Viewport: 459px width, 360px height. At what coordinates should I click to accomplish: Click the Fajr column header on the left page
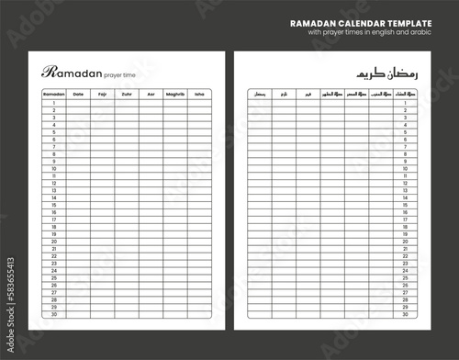pos(102,94)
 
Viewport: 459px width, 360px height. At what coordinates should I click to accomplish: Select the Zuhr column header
pos(127,94)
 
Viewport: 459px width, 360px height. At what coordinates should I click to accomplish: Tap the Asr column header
pos(151,94)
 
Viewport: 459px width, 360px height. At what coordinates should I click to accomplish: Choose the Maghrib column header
pos(175,94)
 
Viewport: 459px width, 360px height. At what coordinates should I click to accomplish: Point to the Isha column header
pos(199,94)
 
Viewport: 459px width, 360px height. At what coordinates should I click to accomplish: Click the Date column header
pos(78,94)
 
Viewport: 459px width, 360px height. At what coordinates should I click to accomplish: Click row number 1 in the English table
pos(54,103)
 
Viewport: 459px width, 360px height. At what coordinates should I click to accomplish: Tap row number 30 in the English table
pos(54,315)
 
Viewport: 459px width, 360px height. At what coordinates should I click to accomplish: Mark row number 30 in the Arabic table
pos(406,315)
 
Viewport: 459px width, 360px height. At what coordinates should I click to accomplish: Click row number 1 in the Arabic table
pos(406,103)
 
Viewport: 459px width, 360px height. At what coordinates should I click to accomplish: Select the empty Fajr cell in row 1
pos(102,103)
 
